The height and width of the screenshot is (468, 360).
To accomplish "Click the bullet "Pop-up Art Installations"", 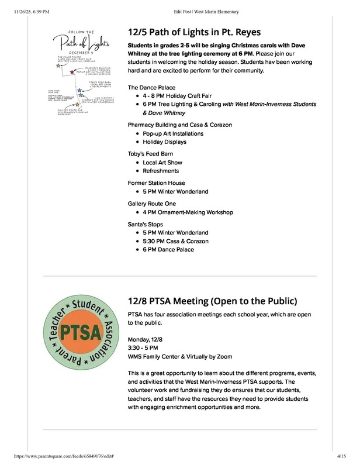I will [173, 133].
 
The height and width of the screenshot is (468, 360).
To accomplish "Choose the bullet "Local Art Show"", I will [162, 162].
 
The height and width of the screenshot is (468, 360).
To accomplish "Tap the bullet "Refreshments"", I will [161, 171].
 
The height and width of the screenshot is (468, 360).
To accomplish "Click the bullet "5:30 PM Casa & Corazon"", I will [176, 241].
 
